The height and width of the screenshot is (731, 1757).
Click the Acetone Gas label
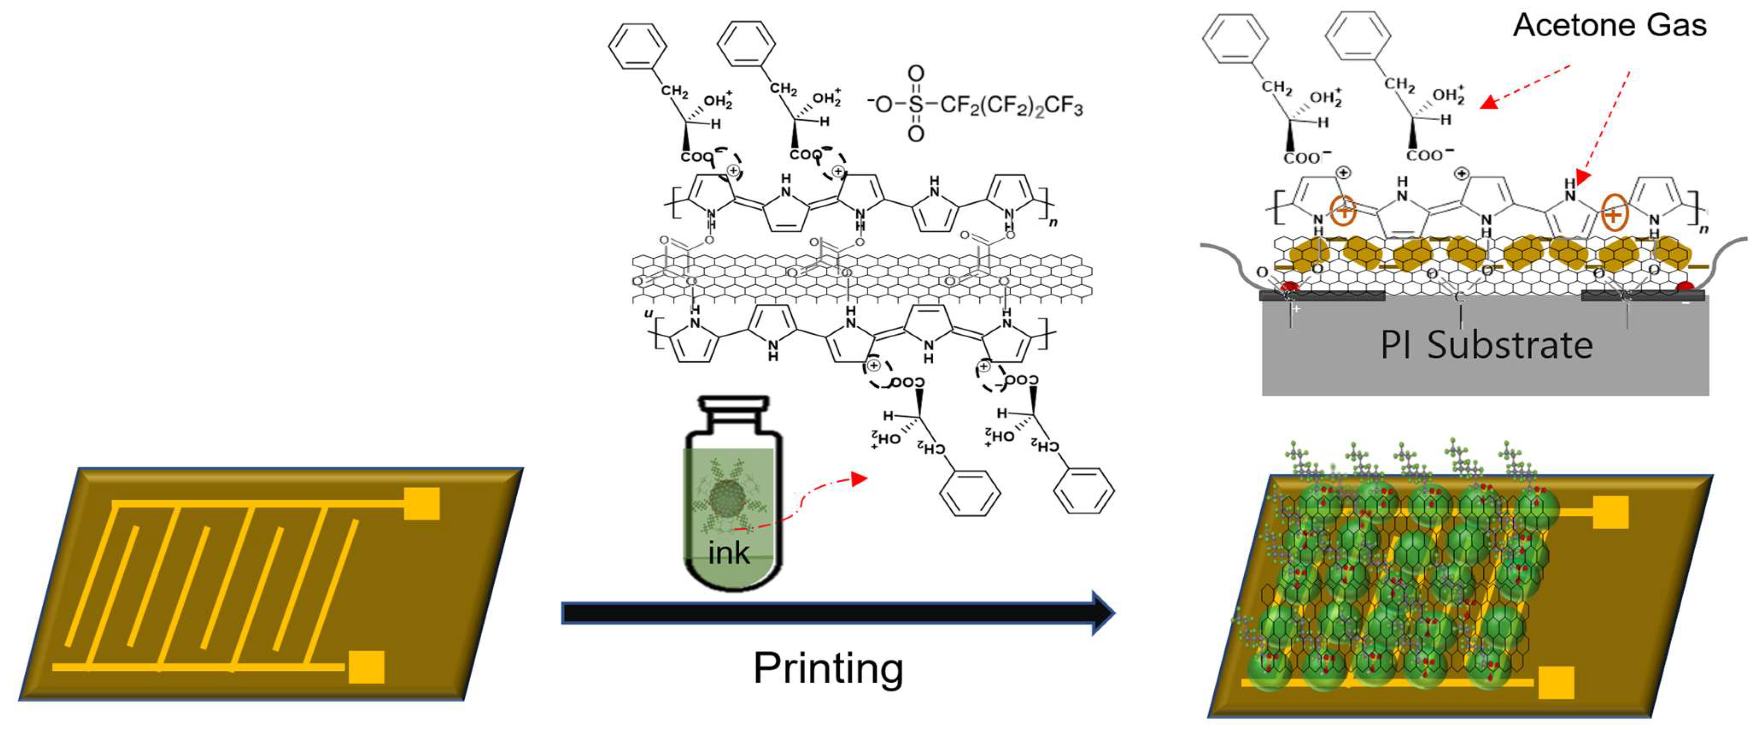(x=1610, y=26)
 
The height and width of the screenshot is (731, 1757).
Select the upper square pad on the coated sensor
(x=1611, y=512)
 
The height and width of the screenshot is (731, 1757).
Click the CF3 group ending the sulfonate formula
(x=1064, y=106)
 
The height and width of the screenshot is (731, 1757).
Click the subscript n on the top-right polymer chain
(x=1704, y=229)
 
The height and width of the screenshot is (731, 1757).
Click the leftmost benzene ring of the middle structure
(x=637, y=47)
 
